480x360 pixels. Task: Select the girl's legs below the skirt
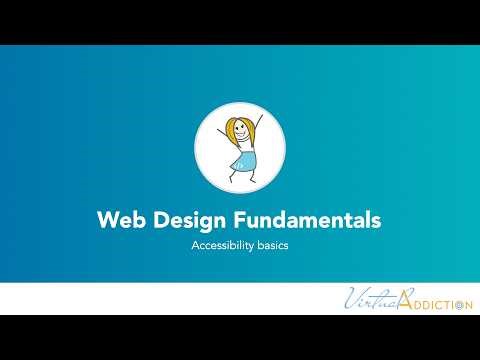[x=243, y=174]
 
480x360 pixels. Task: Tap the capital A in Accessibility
[x=195, y=246]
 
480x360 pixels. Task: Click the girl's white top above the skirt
[x=244, y=144]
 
